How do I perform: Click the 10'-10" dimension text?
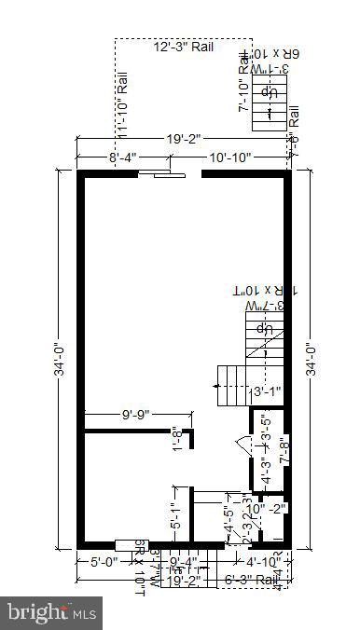pyautogui.click(x=229, y=158)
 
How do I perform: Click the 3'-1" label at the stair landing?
pyautogui.click(x=268, y=391)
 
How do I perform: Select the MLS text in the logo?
pyautogui.click(x=84, y=613)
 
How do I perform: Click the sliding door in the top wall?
pyautogui.click(x=155, y=172)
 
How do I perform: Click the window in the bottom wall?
pyautogui.click(x=126, y=545)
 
